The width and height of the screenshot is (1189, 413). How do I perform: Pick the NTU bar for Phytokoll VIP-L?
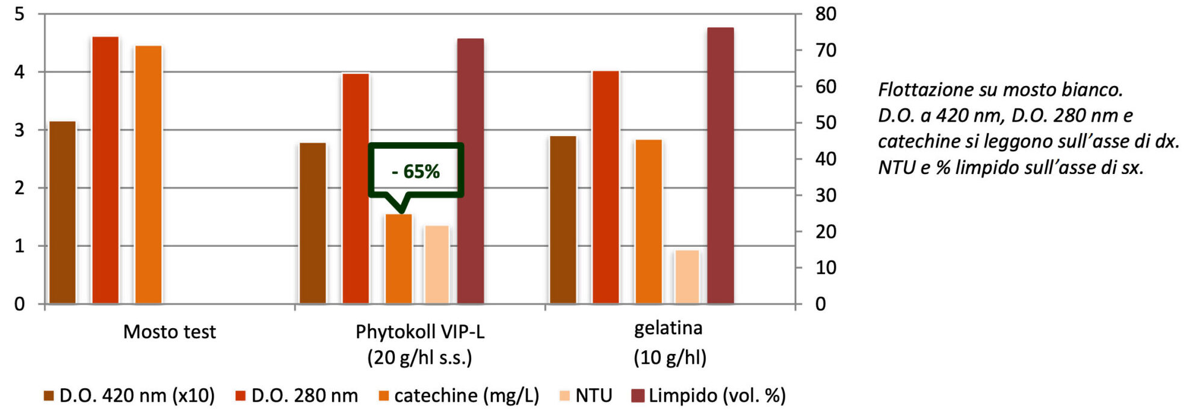click(x=437, y=264)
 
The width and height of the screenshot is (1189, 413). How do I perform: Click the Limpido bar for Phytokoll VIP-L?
click(x=471, y=171)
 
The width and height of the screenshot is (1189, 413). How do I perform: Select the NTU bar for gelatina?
click(x=687, y=276)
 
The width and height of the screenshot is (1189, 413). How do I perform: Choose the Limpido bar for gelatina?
click(x=720, y=166)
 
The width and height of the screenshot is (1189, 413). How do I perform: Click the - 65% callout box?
click(x=416, y=171)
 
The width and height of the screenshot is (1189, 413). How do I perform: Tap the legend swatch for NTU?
click(x=564, y=396)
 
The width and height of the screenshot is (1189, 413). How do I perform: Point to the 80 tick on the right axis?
click(x=826, y=14)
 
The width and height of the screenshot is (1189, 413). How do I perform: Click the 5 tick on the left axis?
click(x=20, y=14)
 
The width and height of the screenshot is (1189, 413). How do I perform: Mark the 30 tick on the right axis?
click(x=826, y=195)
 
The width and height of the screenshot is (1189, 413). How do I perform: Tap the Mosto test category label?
click(x=169, y=332)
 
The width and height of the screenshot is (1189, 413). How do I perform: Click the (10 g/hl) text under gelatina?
click(x=670, y=358)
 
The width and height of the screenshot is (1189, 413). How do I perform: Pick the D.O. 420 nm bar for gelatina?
click(x=563, y=220)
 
